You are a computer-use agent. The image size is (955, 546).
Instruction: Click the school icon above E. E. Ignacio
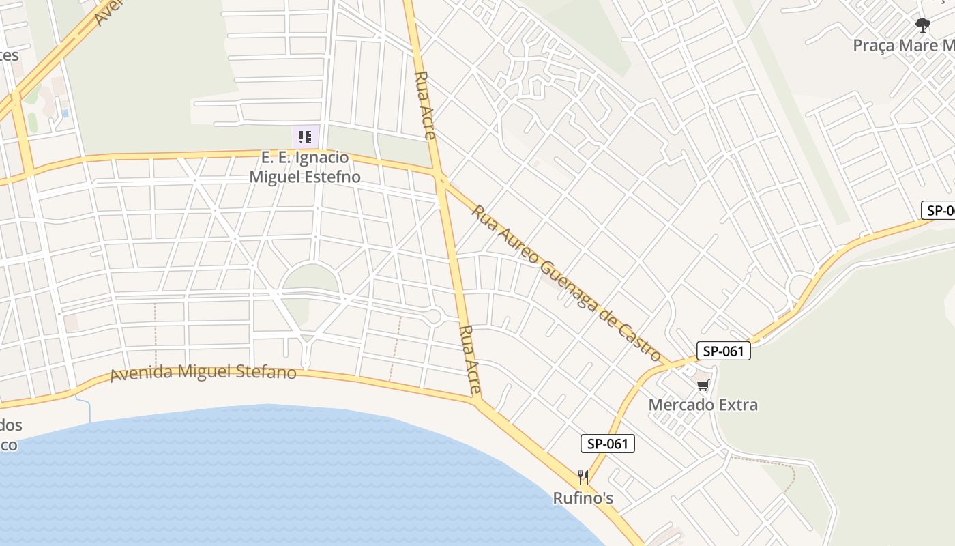(305, 136)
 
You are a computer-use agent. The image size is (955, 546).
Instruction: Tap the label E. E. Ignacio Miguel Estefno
(305, 167)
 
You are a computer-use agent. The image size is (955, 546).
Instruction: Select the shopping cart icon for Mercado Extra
(703, 386)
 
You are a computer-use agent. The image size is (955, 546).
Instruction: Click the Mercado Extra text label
(703, 405)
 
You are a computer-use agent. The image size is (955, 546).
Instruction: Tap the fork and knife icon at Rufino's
(583, 477)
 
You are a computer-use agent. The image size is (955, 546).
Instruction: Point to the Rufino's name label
(583, 498)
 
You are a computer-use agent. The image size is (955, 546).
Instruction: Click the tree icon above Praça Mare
(923, 26)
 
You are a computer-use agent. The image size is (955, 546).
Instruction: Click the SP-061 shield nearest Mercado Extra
(723, 351)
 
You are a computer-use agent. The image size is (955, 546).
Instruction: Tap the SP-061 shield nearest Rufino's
(608, 444)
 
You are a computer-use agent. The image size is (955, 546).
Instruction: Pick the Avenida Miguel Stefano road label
(203, 373)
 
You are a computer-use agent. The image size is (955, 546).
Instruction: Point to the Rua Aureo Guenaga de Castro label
(566, 283)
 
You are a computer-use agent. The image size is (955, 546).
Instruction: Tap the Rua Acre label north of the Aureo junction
(424, 105)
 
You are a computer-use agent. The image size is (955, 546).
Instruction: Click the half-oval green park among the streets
(310, 278)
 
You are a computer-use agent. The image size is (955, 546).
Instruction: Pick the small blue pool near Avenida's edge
(65, 113)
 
